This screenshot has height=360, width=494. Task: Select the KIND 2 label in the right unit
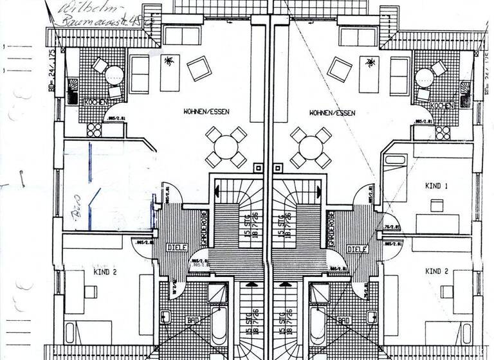[x=437, y=271]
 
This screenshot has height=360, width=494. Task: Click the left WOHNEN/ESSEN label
[x=206, y=112]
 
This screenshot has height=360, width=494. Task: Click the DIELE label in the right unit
[x=356, y=249]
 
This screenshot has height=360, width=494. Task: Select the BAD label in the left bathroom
[x=192, y=319]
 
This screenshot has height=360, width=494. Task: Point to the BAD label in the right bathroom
[x=343, y=319]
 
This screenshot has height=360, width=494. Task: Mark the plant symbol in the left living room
[x=170, y=62]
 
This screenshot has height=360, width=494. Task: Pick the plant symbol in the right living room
[x=370, y=62]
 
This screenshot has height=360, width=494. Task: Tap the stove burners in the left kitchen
[x=95, y=130]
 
